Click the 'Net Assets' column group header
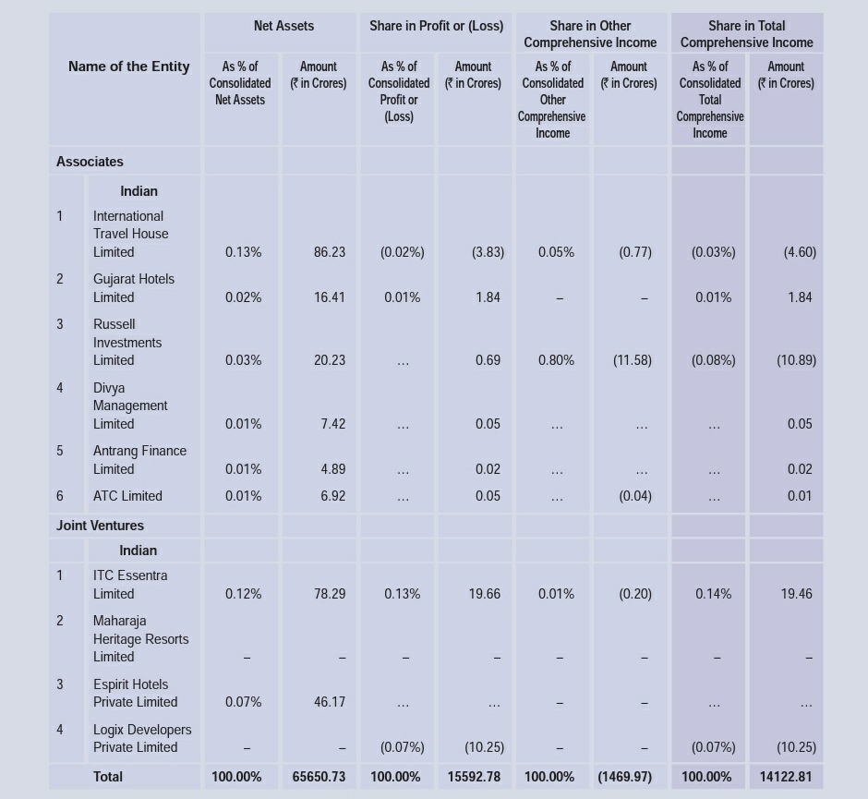[x=283, y=26]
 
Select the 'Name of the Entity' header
[x=128, y=67]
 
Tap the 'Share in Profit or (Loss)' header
[x=436, y=26]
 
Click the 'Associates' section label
[x=90, y=162]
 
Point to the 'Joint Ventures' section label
[x=100, y=526]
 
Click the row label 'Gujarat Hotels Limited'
[x=133, y=288]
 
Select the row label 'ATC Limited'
[x=127, y=496]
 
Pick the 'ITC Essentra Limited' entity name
[x=130, y=585]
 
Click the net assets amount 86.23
[x=330, y=252]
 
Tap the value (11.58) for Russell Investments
[x=633, y=360]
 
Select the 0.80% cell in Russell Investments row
[x=556, y=360]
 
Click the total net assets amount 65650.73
[x=319, y=777]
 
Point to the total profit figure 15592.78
[x=474, y=777]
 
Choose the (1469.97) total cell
[x=625, y=777]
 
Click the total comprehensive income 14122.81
[x=786, y=777]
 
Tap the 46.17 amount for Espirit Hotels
[x=330, y=702]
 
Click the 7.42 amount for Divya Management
[x=333, y=424]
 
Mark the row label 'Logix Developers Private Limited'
[x=142, y=738]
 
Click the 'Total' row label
[x=108, y=777]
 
